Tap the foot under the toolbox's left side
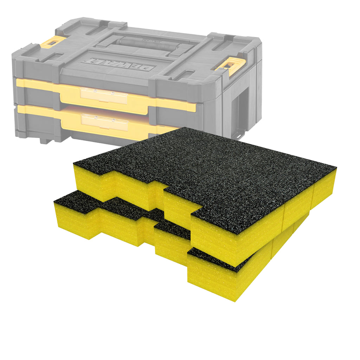pyautogui.click(x=46, y=140)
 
